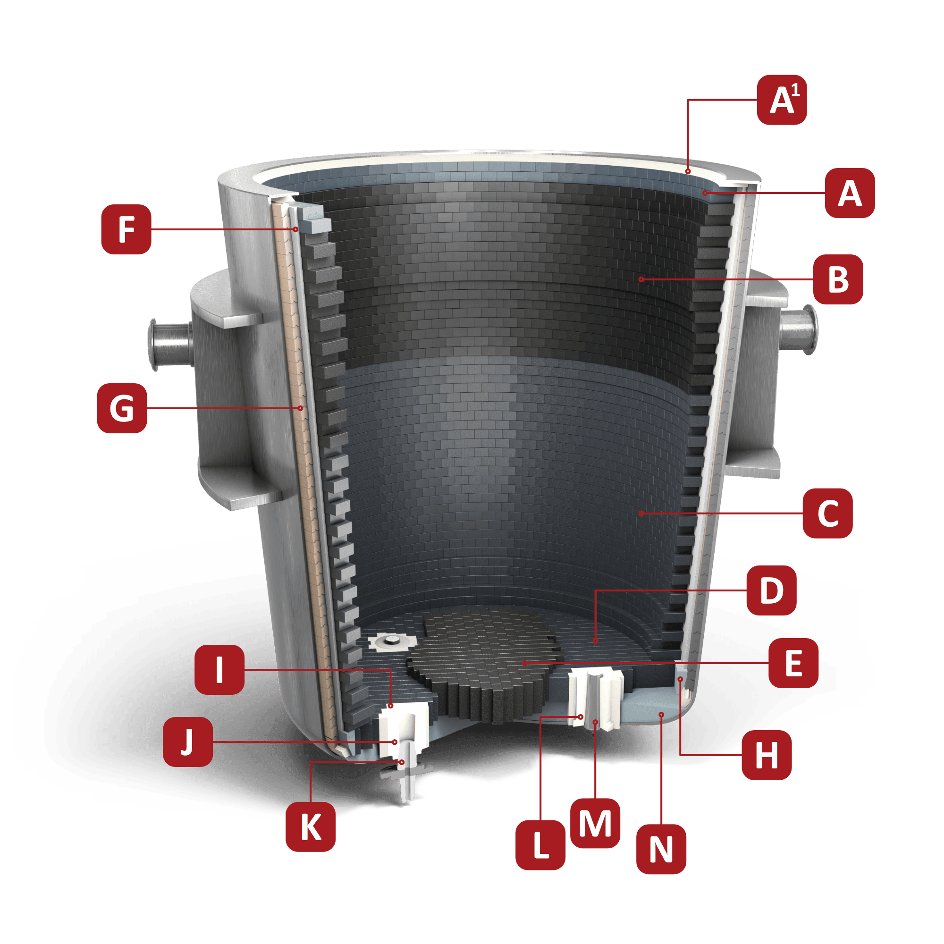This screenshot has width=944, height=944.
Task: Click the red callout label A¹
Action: coord(782,100)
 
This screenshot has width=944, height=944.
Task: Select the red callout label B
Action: coord(838,279)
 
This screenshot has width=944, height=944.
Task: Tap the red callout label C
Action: coord(828,514)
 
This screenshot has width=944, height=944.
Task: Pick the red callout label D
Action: coord(772,590)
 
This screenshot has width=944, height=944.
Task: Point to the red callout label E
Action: coord(793,663)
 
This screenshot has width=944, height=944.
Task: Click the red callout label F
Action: coord(126,229)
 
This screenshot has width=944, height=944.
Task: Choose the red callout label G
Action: coord(122,408)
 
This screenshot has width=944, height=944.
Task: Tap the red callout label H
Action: coord(767,755)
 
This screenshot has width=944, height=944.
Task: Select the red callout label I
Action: coord(219,669)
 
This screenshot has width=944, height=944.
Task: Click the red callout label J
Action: coord(188,742)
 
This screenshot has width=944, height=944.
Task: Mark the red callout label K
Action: coord(311,827)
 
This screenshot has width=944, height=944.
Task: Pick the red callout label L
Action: coord(540,845)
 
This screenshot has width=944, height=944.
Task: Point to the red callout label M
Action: coord(595,824)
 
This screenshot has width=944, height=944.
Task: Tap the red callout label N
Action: coord(661,849)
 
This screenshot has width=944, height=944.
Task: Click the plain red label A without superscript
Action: coord(850,193)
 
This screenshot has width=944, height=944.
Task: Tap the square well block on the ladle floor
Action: coord(390,641)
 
